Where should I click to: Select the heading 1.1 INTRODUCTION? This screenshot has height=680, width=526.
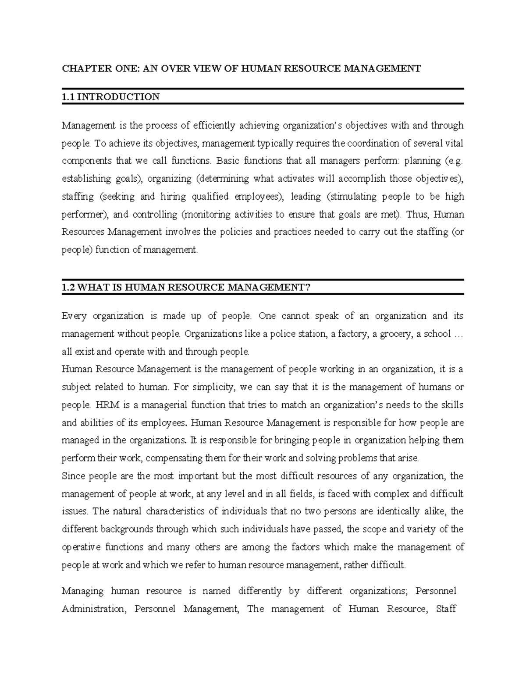pos(110,97)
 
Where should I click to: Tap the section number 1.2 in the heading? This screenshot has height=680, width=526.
pos(69,287)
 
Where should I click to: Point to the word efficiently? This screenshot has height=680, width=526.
pos(215,126)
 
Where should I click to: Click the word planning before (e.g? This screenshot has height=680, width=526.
pos(423,161)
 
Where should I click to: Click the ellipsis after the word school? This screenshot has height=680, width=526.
pos(458,334)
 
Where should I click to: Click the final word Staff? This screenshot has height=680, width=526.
pos(446,609)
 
